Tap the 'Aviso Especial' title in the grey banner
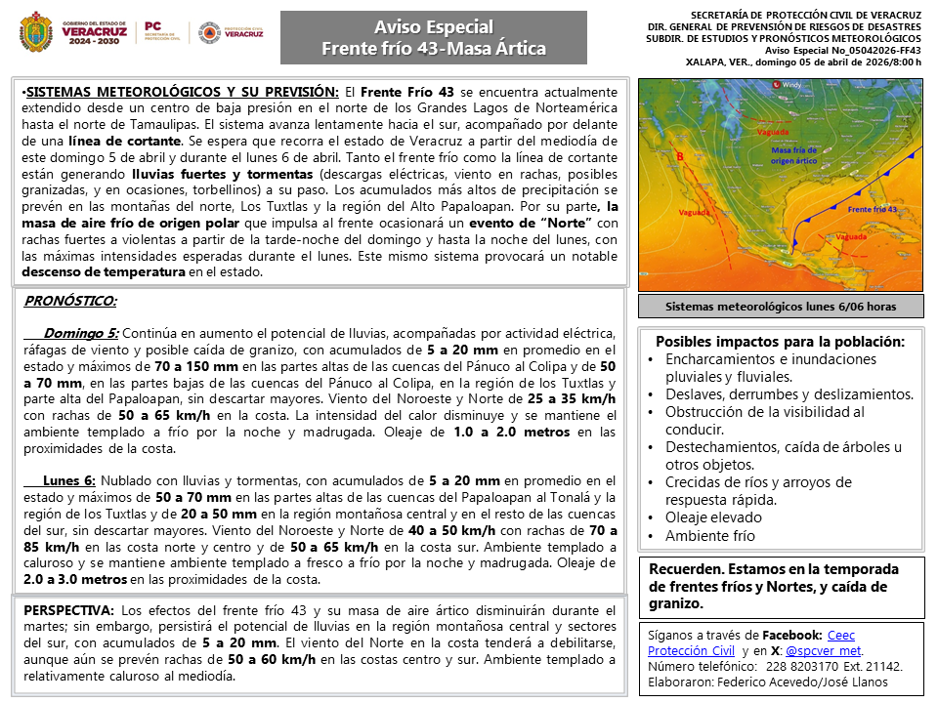click(434, 27)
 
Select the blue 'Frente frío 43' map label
click(873, 210)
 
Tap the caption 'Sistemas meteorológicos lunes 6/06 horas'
click(781, 307)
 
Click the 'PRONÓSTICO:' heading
click(70, 301)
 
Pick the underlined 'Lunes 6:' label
click(68, 480)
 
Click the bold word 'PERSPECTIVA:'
click(69, 610)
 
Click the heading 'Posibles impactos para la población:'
click(780, 342)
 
